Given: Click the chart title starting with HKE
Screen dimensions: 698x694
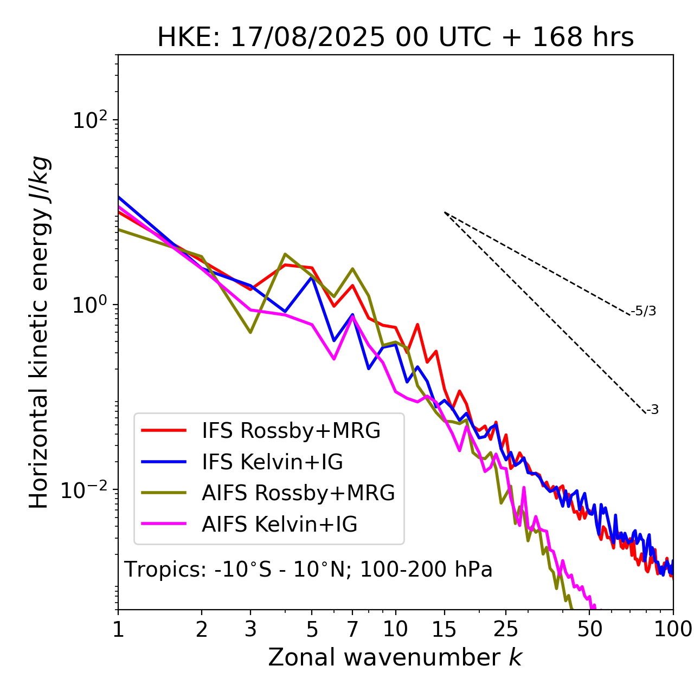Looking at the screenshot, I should point(395,38).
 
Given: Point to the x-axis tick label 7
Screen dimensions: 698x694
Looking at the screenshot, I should point(352,629).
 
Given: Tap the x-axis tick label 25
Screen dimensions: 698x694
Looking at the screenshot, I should point(505,629).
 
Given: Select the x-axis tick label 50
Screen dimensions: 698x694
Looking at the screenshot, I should point(589,629).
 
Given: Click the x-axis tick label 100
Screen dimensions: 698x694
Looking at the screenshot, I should point(673,629).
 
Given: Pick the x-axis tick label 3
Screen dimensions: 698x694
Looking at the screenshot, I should point(250,629).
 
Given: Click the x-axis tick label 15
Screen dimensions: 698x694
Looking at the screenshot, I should point(444,629).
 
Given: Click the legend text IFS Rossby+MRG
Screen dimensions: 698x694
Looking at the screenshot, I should point(291,431).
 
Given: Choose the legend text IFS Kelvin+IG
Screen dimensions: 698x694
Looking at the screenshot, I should point(272,462).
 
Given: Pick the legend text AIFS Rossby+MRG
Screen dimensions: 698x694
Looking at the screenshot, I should point(298,493).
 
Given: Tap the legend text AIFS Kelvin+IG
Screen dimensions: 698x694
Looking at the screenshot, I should point(280,525).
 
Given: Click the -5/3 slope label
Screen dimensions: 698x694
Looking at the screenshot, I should point(644,312).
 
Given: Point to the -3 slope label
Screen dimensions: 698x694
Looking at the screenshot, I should point(652,410).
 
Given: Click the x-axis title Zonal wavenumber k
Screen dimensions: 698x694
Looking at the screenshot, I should point(395,657).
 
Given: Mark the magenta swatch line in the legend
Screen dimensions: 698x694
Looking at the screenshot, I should point(164,524).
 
